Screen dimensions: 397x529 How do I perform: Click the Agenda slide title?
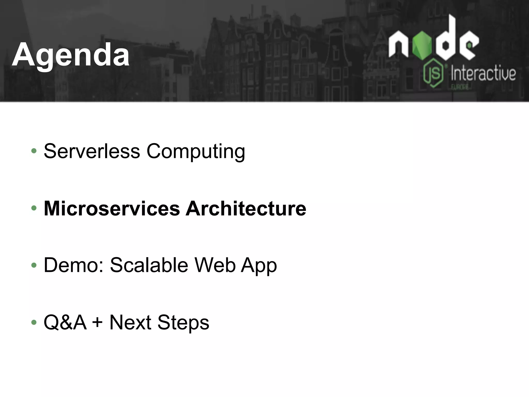[71, 55]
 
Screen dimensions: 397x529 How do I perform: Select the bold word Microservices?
[112, 208]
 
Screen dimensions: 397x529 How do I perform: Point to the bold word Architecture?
[246, 208]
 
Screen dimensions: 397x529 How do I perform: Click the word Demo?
[74, 265]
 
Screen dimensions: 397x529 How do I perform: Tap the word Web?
[215, 265]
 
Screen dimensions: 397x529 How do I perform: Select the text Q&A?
[65, 323]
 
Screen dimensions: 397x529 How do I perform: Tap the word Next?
[130, 323]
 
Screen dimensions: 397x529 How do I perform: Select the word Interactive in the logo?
[483, 74]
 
